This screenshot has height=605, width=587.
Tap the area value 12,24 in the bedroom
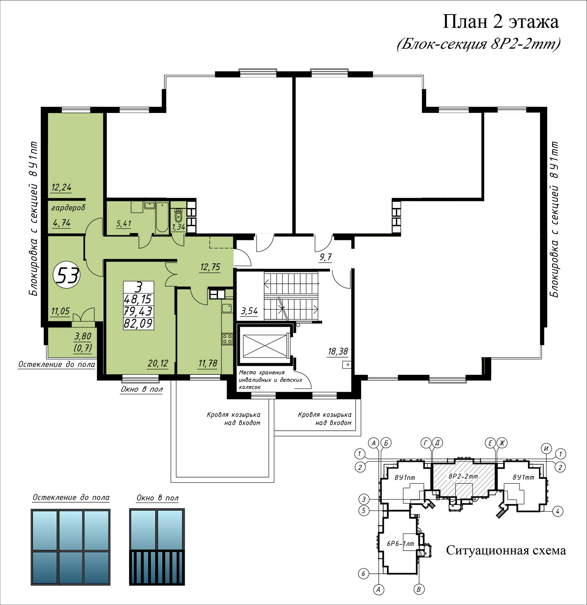pyautogui.click(x=61, y=187)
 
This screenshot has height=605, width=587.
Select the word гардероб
pyautogui.click(x=68, y=208)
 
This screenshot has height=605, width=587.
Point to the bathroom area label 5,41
pyautogui.click(x=124, y=224)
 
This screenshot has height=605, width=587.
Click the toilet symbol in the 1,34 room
pyautogui.click(x=178, y=215)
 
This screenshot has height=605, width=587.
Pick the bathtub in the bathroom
pyautogui.click(x=162, y=217)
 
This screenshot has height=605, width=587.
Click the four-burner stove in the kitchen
pyautogui.click(x=227, y=339)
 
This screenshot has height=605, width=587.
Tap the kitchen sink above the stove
pyautogui.click(x=227, y=308)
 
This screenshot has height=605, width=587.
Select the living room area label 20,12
pyautogui.click(x=158, y=363)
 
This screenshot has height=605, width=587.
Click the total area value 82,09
pyautogui.click(x=138, y=324)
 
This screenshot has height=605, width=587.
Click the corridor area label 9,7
pyautogui.click(x=326, y=257)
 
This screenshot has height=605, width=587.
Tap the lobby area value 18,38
pyautogui.click(x=338, y=351)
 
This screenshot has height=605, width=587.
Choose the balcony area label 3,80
pyautogui.click(x=83, y=336)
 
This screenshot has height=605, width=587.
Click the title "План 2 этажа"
pyautogui.click(x=501, y=22)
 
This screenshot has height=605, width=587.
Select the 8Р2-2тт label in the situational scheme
pyautogui.click(x=463, y=476)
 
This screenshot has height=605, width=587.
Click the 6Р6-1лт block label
pyautogui.click(x=400, y=544)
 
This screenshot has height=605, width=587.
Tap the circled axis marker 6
pyautogui.click(x=364, y=573)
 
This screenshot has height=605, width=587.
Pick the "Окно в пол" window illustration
pyautogui.click(x=157, y=547)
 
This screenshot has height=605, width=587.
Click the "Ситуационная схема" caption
pyautogui.click(x=506, y=551)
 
